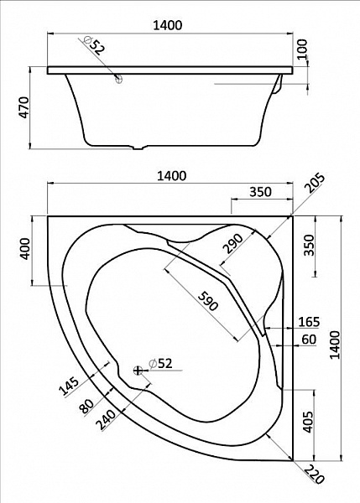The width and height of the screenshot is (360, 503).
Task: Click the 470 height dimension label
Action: click(x=24, y=107)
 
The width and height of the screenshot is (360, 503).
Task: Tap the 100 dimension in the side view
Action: click(x=302, y=49)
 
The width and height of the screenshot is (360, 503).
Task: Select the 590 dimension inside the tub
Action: click(x=208, y=301)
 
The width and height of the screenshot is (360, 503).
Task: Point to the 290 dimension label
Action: click(x=232, y=244)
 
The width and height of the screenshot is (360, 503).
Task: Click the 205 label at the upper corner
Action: click(x=315, y=183)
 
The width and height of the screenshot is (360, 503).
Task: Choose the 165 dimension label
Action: click(x=309, y=321)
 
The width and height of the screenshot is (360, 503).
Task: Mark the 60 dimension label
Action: click(x=310, y=339)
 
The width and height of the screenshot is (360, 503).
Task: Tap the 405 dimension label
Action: click(x=309, y=421)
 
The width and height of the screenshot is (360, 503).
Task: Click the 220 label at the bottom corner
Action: click(x=314, y=474)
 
